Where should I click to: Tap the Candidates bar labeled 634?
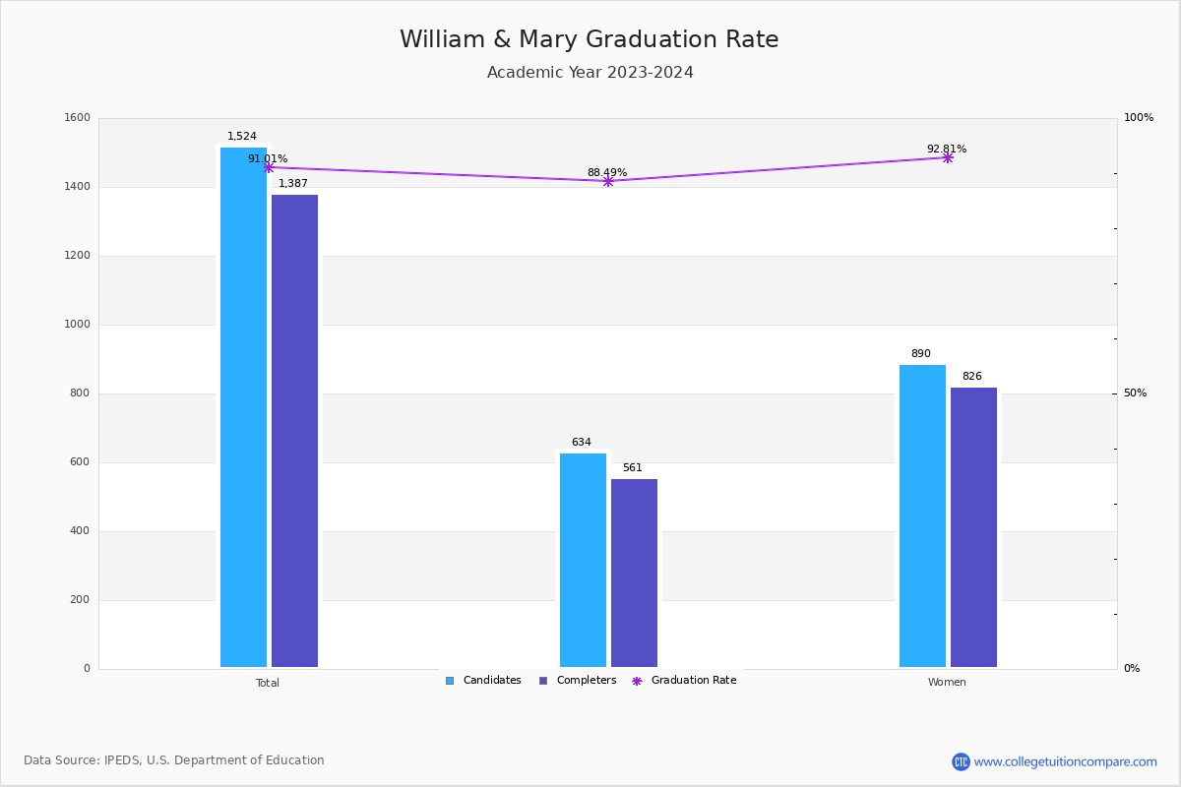coord(583,561)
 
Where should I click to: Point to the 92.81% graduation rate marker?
coord(948,157)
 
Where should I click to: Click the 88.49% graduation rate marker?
coord(607,181)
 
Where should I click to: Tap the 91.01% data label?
coord(268,158)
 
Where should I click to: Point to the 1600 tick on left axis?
coord(78,118)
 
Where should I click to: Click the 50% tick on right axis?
coord(1135,393)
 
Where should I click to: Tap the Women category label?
coord(947,683)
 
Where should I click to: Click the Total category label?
coord(268,683)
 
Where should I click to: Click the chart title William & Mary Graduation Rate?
coord(589,39)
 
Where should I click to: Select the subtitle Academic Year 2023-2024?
coord(590,73)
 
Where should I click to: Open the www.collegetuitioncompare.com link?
coord(1065,761)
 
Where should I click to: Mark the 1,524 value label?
coord(242,137)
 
